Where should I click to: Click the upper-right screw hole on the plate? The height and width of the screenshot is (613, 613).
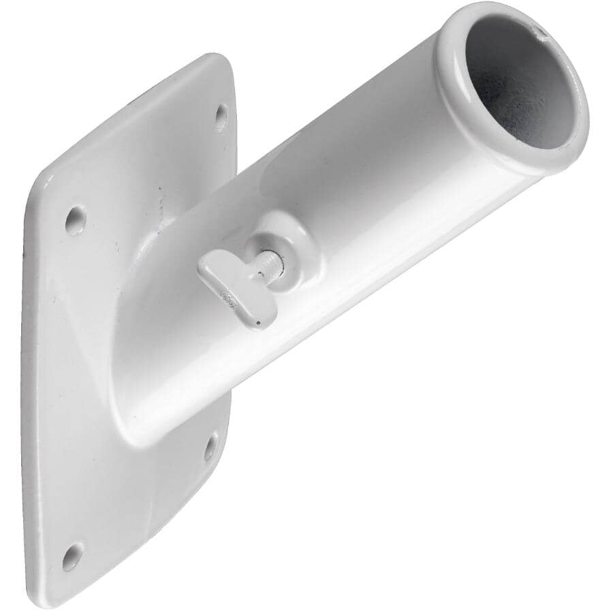click(x=221, y=117)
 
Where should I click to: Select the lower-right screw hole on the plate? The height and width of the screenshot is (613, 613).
click(x=210, y=446)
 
